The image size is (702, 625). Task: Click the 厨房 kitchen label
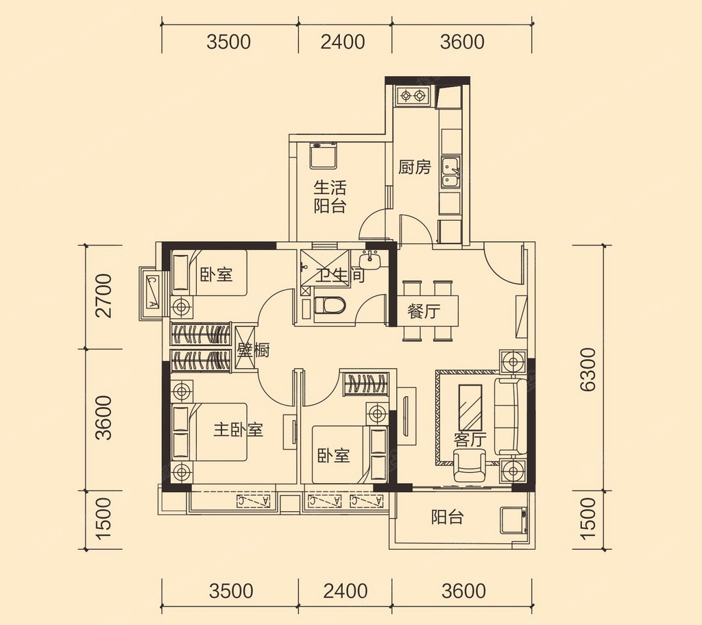click(x=415, y=167)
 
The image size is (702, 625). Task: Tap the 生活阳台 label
click(x=330, y=197)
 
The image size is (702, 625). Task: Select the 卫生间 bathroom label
click(x=340, y=274)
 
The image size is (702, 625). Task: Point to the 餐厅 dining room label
click(x=424, y=311)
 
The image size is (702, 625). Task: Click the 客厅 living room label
click(x=470, y=440)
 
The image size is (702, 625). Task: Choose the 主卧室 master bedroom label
click(x=238, y=430)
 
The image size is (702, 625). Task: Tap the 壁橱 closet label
click(x=254, y=350)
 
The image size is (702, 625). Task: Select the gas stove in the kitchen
click(x=412, y=95)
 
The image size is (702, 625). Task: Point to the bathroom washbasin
click(x=370, y=260)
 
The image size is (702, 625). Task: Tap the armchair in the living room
click(x=469, y=466)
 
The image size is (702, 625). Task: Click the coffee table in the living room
click(x=470, y=407)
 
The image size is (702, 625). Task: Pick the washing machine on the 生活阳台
click(x=323, y=155)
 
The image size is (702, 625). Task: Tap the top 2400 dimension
click(x=343, y=42)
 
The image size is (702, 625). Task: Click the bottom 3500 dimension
click(x=231, y=591)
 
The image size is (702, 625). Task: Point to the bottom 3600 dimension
click(x=463, y=591)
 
